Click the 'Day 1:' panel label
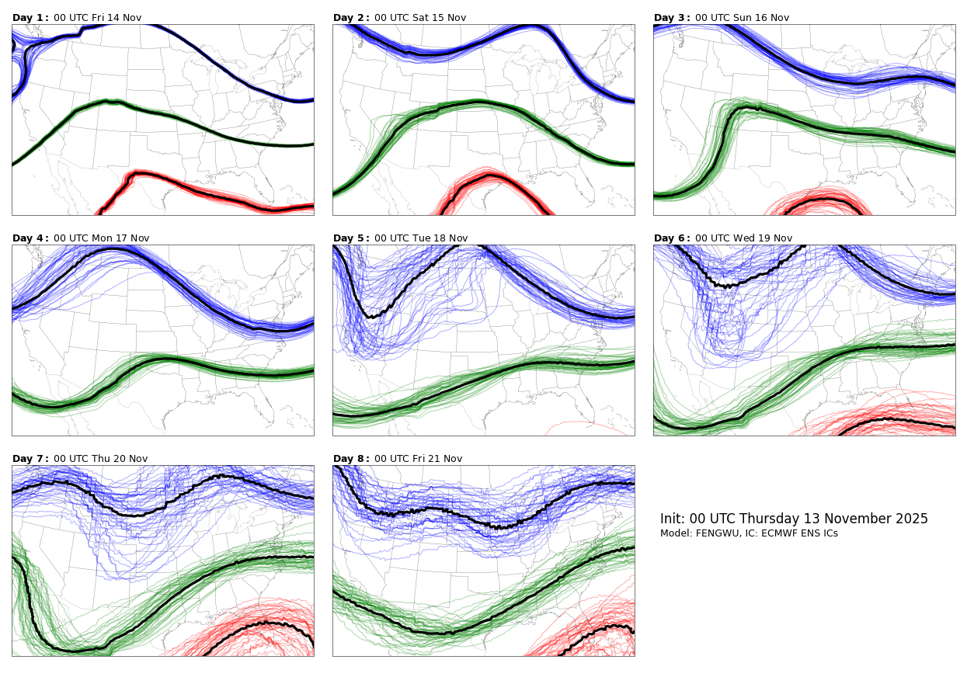(30, 18)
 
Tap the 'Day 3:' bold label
(672, 18)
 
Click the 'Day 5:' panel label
(351, 238)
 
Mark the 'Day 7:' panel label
(30, 459)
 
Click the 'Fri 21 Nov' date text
(442, 459)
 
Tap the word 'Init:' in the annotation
(673, 519)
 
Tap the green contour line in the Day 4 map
(163, 359)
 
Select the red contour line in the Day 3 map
(823, 200)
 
